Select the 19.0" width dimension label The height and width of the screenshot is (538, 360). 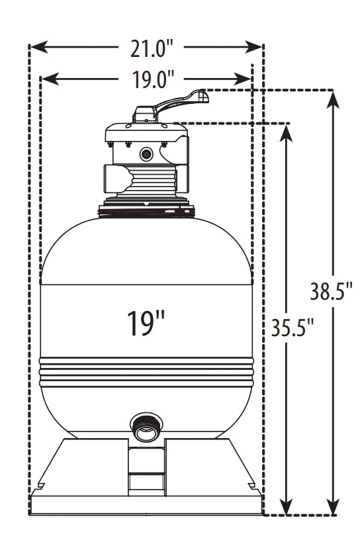point(146,79)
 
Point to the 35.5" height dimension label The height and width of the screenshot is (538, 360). point(288,326)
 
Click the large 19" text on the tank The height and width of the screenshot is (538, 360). point(146,322)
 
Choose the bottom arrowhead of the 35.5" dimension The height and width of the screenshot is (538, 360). point(286,506)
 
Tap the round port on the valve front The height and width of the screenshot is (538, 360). point(146,154)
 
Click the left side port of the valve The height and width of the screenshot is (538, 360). point(114,178)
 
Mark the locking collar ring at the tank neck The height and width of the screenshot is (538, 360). point(146,210)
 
